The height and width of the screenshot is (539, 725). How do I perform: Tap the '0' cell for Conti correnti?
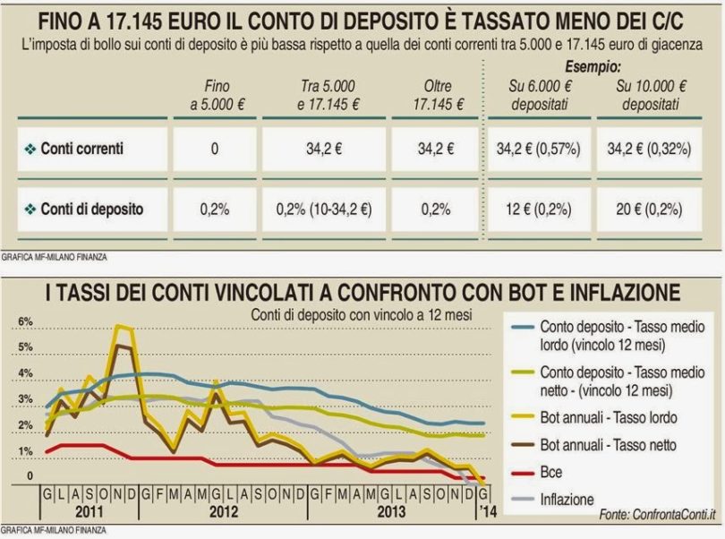tap(215, 150)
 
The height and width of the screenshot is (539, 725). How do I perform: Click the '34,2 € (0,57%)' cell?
tap(542, 150)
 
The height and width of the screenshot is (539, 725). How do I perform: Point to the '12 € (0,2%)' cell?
tap(542, 209)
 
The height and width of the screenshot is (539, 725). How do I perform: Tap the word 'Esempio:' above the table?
tap(593, 67)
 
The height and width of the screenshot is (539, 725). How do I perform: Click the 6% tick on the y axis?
tap(25, 321)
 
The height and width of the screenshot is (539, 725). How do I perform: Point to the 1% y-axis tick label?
tap(25, 451)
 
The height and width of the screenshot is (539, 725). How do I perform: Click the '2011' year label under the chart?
tap(87, 512)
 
